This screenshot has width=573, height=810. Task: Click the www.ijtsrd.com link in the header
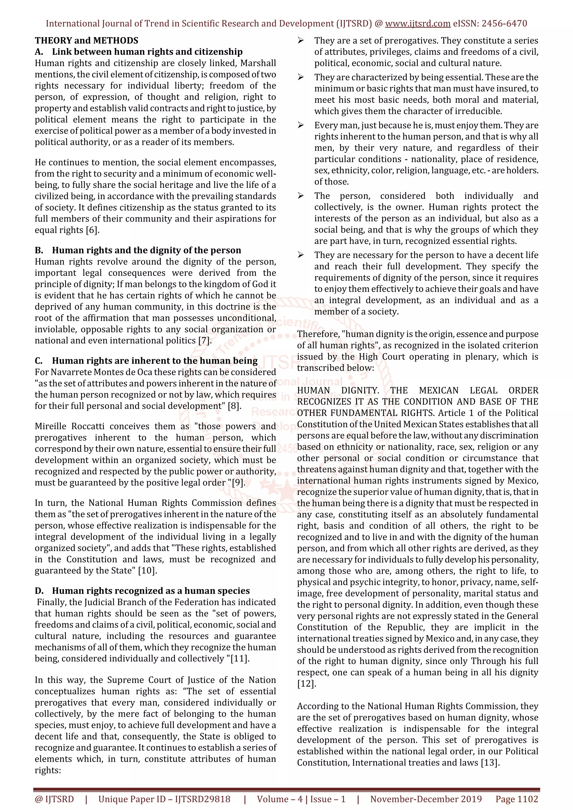417,24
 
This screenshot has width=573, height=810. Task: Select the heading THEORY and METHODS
86,41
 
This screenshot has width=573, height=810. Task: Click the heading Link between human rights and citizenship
147,52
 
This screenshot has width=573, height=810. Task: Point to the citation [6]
93,230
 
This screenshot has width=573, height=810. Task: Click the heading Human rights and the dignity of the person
147,250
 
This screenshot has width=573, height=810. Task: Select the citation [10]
147,570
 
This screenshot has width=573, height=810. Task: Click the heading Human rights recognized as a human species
151,591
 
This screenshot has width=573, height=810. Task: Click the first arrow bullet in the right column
301,41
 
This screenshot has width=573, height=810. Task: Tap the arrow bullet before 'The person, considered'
301,196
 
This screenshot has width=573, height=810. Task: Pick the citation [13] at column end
490,763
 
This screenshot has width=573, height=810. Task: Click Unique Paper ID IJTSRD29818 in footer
164,799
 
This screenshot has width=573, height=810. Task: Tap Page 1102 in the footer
516,799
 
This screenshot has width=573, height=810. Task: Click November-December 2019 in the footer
426,799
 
